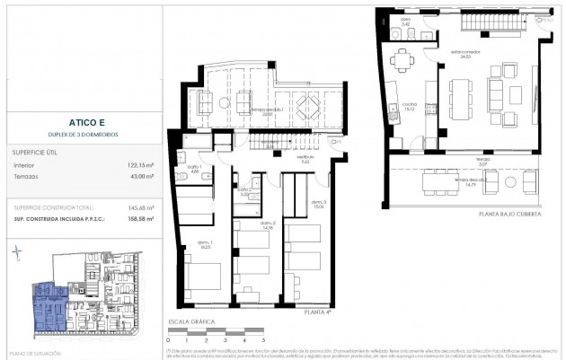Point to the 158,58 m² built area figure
pyautogui.click(x=136, y=217)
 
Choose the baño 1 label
pyautogui.click(x=194, y=168)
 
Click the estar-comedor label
pyautogui.click(x=460, y=54)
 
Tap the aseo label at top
pyautogui.click(x=405, y=18)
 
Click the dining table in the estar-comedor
pyautogui.click(x=459, y=100)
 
